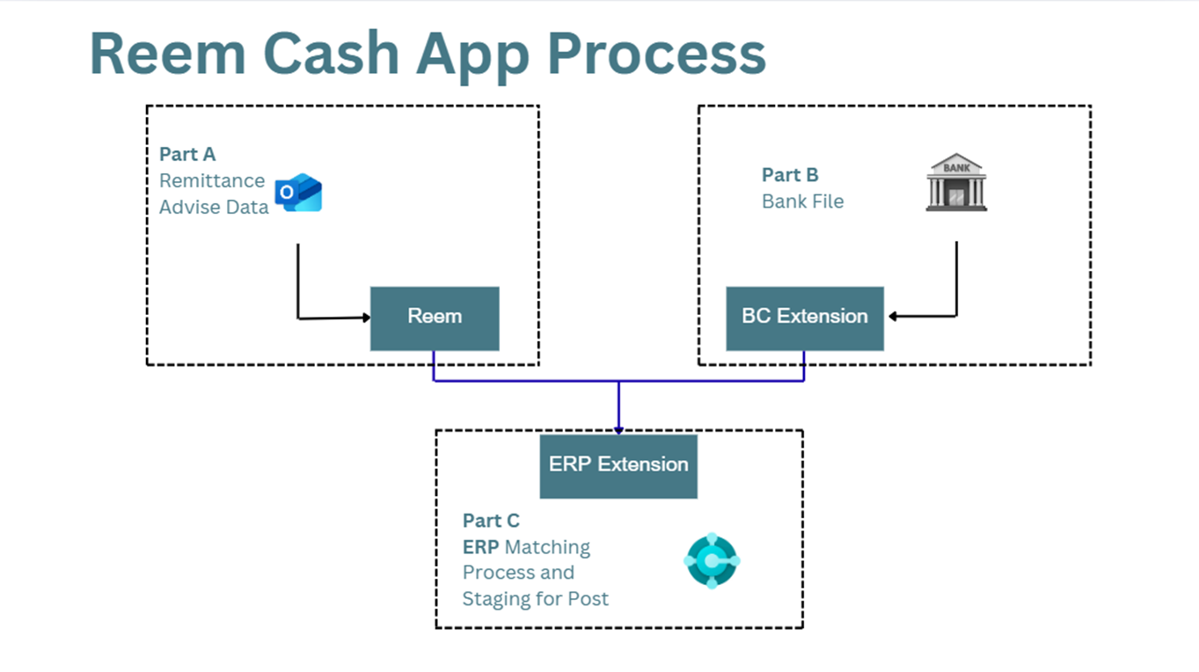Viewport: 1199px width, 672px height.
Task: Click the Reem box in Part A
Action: [x=435, y=318]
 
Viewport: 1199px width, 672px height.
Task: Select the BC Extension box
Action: [x=805, y=318]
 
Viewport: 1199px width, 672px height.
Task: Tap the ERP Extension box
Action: [x=618, y=466]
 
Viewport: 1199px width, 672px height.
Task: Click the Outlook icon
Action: [x=298, y=192]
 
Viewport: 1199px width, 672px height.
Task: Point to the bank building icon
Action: [x=956, y=182]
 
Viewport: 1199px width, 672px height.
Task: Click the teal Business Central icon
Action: [x=712, y=560]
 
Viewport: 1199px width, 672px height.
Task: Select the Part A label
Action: [x=187, y=154]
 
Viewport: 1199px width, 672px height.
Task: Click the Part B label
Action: [x=790, y=175]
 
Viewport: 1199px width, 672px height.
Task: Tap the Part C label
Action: [x=491, y=521]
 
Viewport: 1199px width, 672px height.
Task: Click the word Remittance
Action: [x=212, y=181]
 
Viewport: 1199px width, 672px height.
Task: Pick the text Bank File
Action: [x=803, y=201]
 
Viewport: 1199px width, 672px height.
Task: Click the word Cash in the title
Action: [x=332, y=54]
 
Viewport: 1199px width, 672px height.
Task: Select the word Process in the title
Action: [x=657, y=54]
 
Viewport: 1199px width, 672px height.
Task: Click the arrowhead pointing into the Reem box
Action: [x=366, y=318]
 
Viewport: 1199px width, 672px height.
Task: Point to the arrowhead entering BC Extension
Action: [x=892, y=316]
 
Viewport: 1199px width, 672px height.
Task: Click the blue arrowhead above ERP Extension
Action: [x=618, y=430]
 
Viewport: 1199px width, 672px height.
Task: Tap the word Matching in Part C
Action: [x=547, y=547]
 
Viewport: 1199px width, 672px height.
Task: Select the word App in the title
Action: [x=473, y=56]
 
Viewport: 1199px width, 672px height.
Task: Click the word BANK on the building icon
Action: [x=956, y=168]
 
